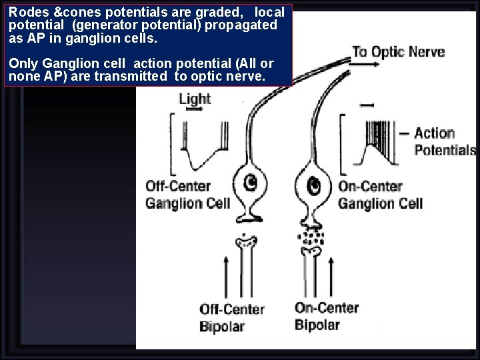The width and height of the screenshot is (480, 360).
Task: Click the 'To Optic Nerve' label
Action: (399, 52)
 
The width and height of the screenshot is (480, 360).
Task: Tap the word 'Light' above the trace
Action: (195, 99)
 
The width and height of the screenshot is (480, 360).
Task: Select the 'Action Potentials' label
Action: (445, 141)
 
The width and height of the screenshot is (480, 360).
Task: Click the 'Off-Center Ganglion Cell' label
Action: (187, 195)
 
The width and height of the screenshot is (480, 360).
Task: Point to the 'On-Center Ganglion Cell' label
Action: (380, 195)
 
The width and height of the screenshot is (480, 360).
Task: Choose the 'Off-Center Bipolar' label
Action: (231, 318)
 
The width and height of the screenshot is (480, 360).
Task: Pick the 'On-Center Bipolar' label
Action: (327, 316)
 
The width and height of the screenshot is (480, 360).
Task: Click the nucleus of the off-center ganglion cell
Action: (251, 181)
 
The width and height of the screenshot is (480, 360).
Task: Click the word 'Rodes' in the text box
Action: (25, 12)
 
